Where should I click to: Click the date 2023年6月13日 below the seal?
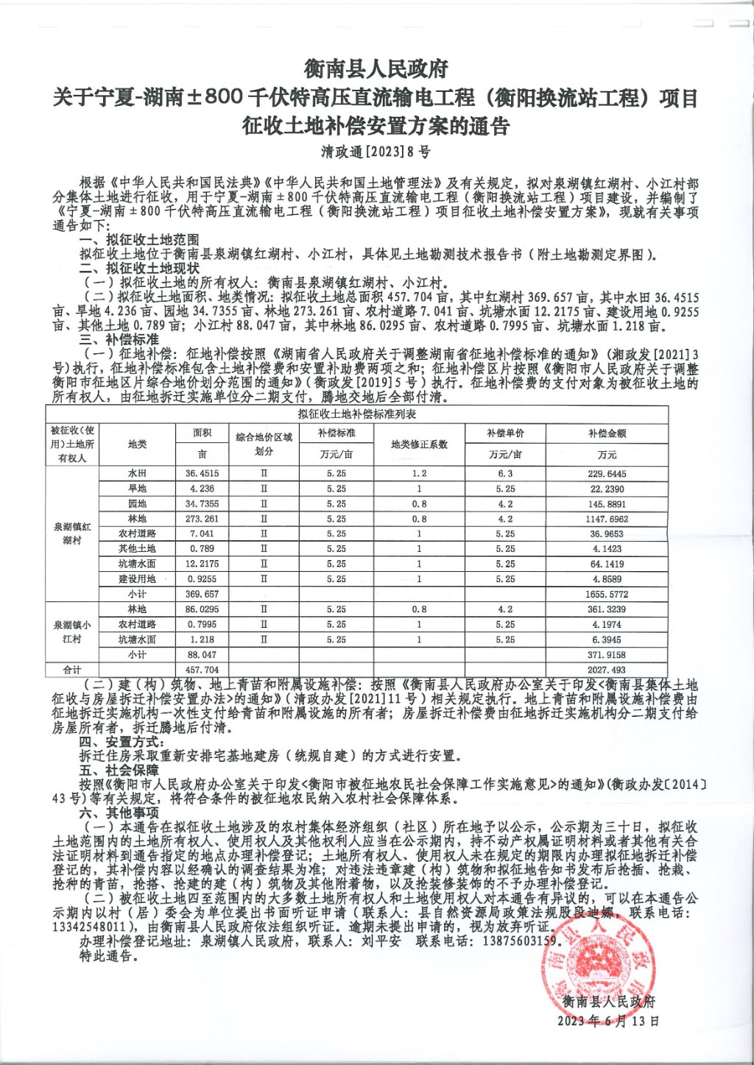coord(608,1021)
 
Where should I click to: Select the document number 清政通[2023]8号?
coord(376,152)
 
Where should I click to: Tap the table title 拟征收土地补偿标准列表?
coord(357,414)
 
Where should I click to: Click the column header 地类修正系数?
coord(419,444)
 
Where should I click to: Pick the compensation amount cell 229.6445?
coord(607,474)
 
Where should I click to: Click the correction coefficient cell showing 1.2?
coord(419,474)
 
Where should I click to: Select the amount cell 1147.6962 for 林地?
coord(607,519)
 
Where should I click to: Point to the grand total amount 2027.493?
coord(607,670)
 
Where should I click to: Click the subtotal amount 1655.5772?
coord(607,594)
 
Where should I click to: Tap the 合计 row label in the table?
coord(72,670)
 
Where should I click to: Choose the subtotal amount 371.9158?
coord(607,654)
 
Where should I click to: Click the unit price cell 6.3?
coord(505,474)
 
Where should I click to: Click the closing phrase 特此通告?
coord(108,956)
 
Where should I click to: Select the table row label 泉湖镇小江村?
coord(72,631)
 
